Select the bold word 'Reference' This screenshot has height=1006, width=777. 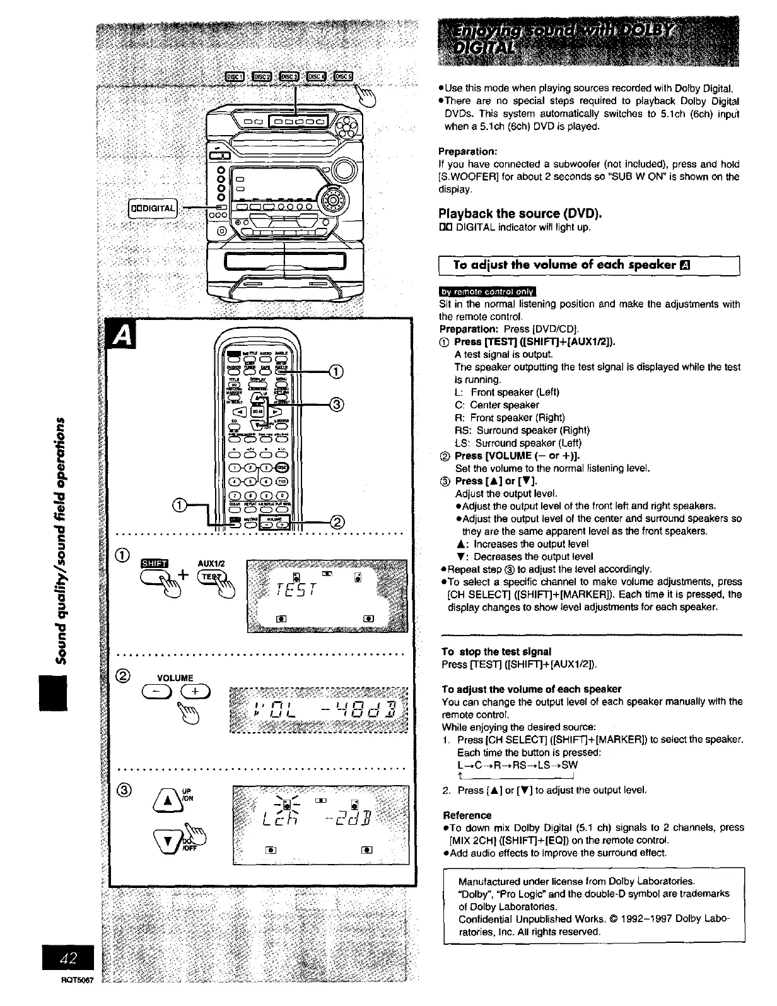(x=467, y=815)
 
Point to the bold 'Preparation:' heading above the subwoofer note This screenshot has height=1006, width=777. (x=469, y=151)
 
